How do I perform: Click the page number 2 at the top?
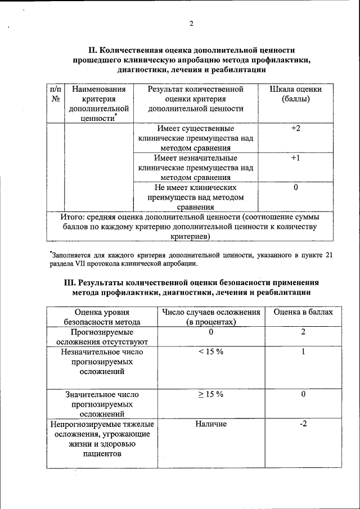(x=191, y=23)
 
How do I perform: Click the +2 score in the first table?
(x=295, y=129)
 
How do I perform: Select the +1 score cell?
(x=295, y=159)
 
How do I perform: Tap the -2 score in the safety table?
(x=303, y=424)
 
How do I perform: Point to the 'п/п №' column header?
(x=56, y=94)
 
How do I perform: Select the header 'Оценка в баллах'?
(x=303, y=312)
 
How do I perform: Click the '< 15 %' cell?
(x=211, y=352)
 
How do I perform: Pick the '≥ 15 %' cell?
(x=211, y=394)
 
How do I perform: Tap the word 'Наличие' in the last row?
(x=211, y=424)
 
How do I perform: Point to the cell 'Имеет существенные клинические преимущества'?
(x=195, y=138)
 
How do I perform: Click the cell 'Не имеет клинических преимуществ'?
(x=195, y=197)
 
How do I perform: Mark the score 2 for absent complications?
(x=303, y=332)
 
